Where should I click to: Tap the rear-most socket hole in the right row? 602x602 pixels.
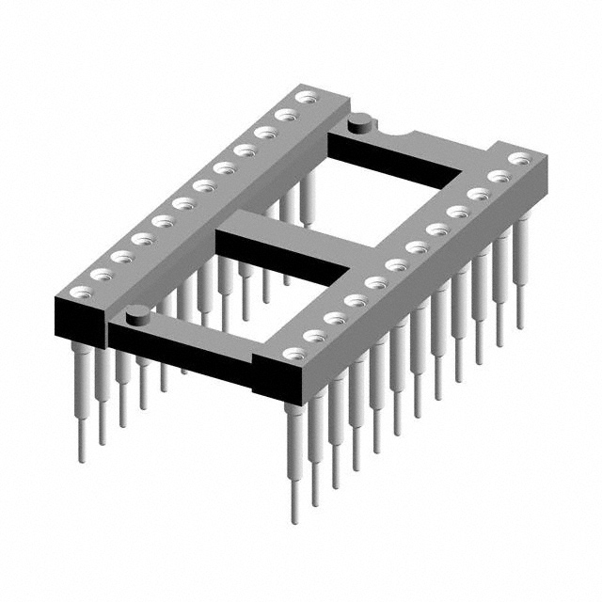(x=518, y=159)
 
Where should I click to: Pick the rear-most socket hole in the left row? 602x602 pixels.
(x=303, y=96)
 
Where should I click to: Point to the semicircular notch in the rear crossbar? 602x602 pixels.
(x=402, y=137)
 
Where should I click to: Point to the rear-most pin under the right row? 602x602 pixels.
(x=520, y=282)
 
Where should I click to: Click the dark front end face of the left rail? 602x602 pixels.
(x=81, y=320)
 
